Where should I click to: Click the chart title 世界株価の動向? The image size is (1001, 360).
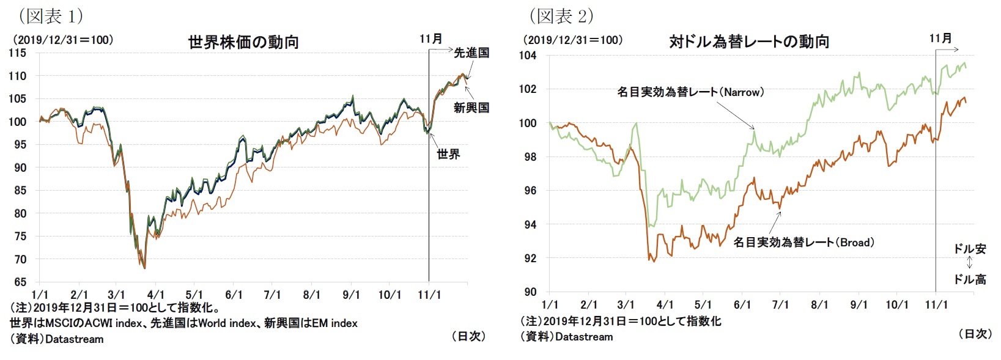pyautogui.click(x=243, y=42)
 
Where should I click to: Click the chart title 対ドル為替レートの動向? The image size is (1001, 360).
pyautogui.click(x=749, y=42)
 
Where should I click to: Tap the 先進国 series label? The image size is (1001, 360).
pyautogui.click(x=471, y=53)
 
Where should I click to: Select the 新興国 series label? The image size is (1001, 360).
pyautogui.click(x=471, y=108)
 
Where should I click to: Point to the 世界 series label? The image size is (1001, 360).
pyautogui.click(x=448, y=154)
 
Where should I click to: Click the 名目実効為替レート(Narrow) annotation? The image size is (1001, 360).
pyautogui.click(x=690, y=92)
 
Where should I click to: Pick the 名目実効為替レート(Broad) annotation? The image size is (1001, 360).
pyautogui.click(x=803, y=243)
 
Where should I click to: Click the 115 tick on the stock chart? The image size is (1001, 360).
pyautogui.click(x=18, y=53)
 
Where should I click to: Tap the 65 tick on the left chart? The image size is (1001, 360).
pyautogui.click(x=20, y=282)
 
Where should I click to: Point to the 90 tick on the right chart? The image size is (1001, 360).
pyautogui.click(x=530, y=292)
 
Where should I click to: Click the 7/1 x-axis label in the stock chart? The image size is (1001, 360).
pyautogui.click(x=272, y=295)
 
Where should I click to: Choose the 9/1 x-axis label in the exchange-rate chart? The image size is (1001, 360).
pyautogui.click(x=859, y=304)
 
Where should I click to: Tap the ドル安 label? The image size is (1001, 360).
pyautogui.click(x=970, y=249)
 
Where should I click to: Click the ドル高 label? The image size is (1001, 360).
pyautogui.click(x=970, y=279)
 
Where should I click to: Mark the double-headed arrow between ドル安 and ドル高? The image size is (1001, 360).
pyautogui.click(x=970, y=263)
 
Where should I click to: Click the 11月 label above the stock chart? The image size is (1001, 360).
pyautogui.click(x=430, y=39)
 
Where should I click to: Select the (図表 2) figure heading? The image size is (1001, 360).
pyautogui.click(x=561, y=15)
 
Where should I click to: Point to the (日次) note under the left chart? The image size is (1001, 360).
pyautogui.click(x=468, y=336)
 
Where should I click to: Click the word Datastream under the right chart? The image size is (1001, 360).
pyautogui.click(x=583, y=337)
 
